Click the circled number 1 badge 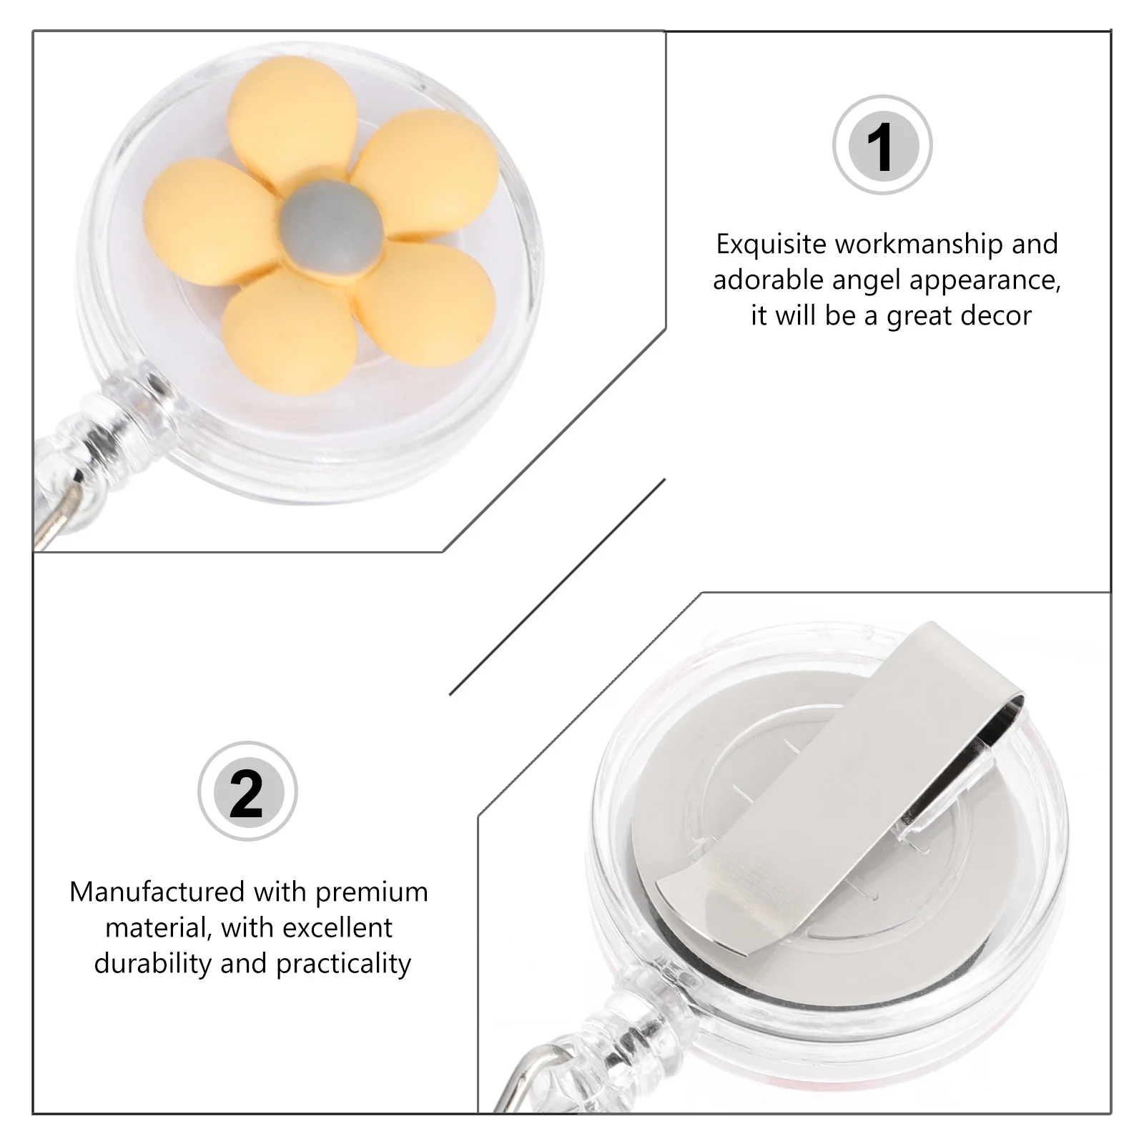coord(882,145)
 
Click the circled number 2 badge coord(247,792)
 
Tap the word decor coord(995,316)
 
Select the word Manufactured coord(157,892)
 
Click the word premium coord(371,892)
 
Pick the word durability coord(153,963)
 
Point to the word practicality coord(343,964)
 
